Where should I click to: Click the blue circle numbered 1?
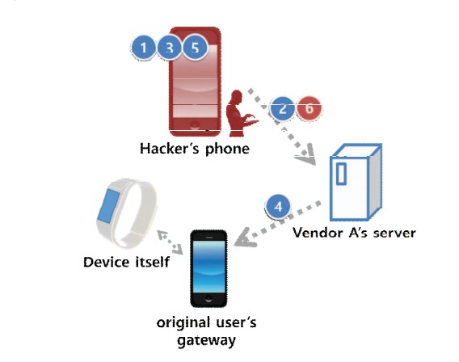point(144,48)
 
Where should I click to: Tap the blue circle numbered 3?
point(169,48)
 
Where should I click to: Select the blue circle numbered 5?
point(195,48)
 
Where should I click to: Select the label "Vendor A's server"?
point(354,234)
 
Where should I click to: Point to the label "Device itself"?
point(125,263)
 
